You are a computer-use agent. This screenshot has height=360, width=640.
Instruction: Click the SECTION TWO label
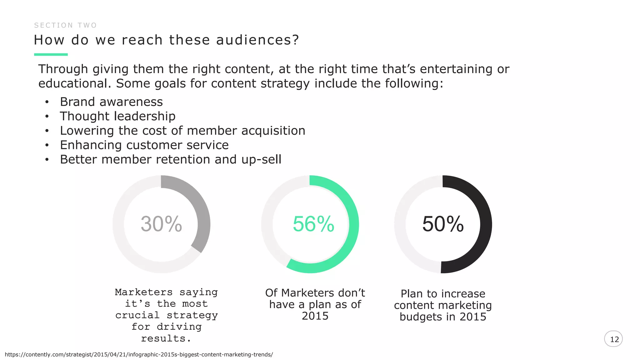tap(65, 25)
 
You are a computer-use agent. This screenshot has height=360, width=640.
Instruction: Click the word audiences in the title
tap(257, 40)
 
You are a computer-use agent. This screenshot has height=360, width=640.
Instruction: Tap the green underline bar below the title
tap(51, 55)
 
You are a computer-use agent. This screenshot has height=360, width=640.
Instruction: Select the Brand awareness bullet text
tap(111, 102)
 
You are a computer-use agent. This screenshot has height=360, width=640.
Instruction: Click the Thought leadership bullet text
tap(117, 116)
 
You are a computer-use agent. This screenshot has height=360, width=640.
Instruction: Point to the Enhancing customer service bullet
tap(144, 145)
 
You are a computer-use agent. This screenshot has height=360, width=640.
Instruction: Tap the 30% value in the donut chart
tap(161, 224)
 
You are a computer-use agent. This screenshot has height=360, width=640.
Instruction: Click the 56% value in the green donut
tap(313, 224)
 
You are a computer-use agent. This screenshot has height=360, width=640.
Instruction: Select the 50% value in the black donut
tap(443, 224)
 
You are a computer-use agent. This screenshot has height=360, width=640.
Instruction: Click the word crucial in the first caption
tap(137, 315)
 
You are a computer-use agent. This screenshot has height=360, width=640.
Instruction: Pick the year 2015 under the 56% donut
tap(315, 316)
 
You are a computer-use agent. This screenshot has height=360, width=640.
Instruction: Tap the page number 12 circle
tap(613, 339)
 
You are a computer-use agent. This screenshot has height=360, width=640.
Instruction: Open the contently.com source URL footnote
tap(139, 355)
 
